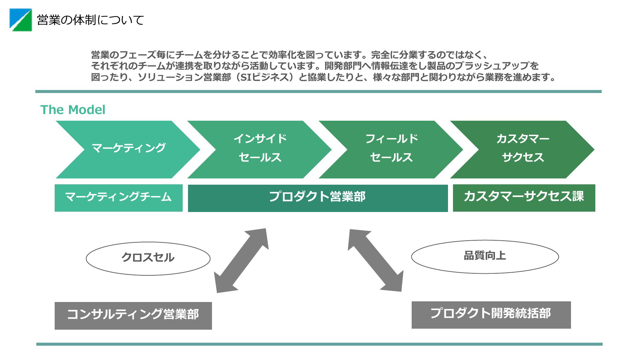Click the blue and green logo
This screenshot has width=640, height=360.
[21, 20]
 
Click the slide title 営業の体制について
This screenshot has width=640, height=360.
[90, 20]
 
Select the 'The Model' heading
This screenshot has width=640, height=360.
[73, 110]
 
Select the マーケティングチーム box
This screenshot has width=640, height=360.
[119, 198]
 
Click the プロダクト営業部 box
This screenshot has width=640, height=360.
[318, 198]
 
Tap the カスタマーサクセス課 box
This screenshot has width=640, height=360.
[524, 198]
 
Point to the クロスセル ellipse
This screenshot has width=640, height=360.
[148, 259]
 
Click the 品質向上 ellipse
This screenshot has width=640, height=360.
[485, 257]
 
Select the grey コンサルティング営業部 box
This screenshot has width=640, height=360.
[133, 316]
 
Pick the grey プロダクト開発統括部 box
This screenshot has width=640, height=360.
[491, 315]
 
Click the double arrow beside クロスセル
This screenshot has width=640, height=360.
[241, 261]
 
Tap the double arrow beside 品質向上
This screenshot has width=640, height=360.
[376, 260]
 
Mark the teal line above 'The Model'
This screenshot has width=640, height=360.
[318, 91]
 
